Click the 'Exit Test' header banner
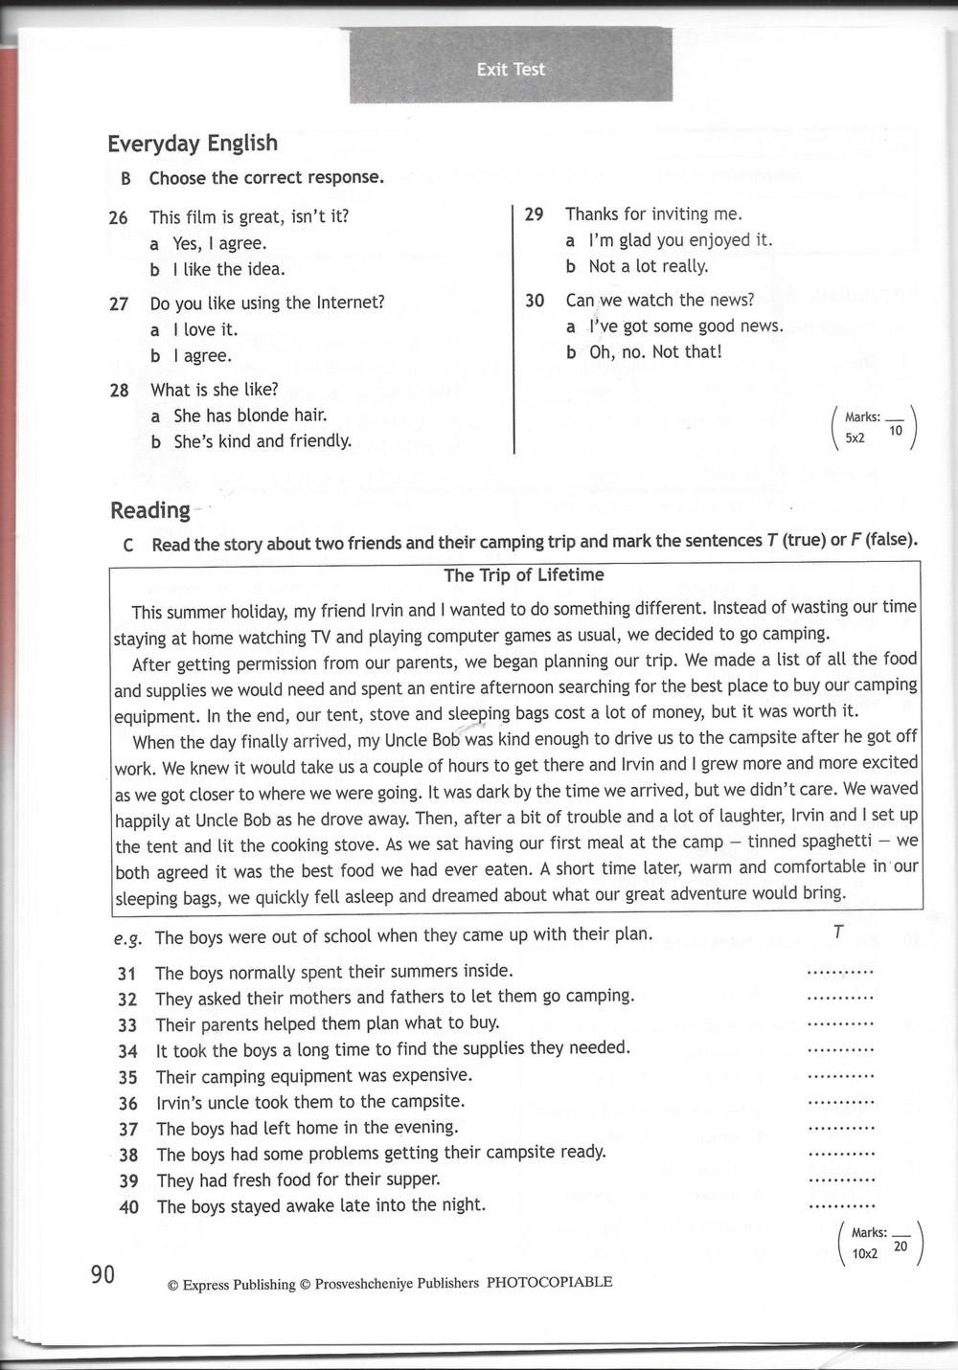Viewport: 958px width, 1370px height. [x=511, y=69]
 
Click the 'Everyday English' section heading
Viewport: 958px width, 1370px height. [x=193, y=144]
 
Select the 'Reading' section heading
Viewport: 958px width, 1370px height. [x=150, y=510]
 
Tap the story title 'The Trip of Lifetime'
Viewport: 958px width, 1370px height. [x=524, y=575]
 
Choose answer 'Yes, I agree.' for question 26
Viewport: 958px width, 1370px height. [x=219, y=243]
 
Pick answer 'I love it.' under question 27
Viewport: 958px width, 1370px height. [x=205, y=329]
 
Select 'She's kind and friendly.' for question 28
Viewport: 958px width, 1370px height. [x=262, y=441]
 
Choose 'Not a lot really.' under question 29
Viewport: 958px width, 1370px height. [x=648, y=266]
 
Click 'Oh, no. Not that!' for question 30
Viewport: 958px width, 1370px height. [x=655, y=352]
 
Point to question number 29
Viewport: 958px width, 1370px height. [x=535, y=214]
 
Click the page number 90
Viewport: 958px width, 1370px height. [x=103, y=1274]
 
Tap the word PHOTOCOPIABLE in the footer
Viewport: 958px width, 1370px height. [x=549, y=1282]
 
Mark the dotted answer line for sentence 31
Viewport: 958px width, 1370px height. [x=841, y=972]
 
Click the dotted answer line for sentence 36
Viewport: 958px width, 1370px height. [x=841, y=1102]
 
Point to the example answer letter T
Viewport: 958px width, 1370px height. [x=838, y=932]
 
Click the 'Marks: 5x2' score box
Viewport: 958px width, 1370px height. [x=875, y=428]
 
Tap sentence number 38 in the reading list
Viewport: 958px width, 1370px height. [x=128, y=1155]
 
